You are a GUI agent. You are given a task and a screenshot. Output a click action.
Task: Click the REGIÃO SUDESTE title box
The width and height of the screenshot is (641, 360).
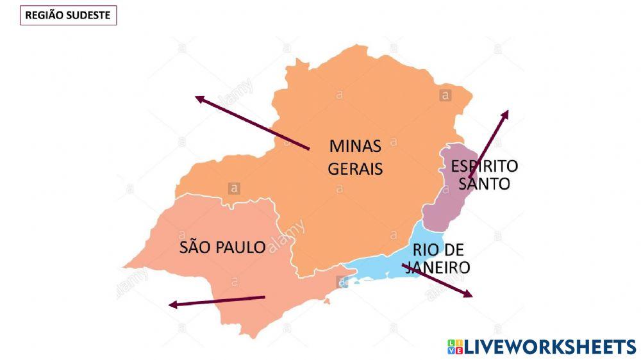(x=69, y=15)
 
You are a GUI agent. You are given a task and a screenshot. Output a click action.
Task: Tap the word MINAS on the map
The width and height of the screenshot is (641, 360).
(x=355, y=146)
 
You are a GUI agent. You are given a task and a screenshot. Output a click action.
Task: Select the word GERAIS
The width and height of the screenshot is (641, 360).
(x=355, y=169)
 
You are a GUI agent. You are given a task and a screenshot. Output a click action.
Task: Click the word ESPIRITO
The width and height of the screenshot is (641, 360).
(x=484, y=167)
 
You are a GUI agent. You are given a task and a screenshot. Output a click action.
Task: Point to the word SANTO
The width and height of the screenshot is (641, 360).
(x=485, y=184)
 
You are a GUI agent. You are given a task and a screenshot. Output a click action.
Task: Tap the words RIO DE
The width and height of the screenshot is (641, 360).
(x=438, y=250)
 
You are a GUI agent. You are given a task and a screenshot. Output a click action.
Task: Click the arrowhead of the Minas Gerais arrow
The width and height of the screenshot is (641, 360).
(x=199, y=99)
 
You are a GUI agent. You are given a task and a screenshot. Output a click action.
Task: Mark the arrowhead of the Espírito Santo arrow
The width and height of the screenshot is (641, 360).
(x=506, y=113)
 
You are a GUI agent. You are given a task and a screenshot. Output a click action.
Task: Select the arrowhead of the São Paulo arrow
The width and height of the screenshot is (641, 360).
(x=172, y=305)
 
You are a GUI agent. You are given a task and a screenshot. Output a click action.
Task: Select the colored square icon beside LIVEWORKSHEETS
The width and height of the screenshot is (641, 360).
(x=454, y=347)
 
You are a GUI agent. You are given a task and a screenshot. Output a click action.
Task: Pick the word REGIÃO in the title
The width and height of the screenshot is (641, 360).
(x=44, y=15)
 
